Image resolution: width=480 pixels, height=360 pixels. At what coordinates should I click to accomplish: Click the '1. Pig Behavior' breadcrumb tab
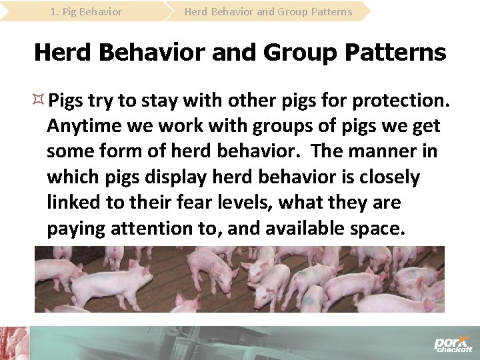click(86, 11)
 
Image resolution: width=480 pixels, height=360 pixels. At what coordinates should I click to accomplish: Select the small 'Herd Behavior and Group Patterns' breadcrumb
click(268, 11)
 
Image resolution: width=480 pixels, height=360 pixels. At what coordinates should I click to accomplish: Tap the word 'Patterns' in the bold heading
click(394, 52)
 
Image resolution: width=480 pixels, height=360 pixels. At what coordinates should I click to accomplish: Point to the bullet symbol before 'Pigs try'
click(40, 100)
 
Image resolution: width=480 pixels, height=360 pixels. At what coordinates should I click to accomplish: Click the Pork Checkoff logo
click(453, 344)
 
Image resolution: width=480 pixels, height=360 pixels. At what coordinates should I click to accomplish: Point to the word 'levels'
click(244, 203)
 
